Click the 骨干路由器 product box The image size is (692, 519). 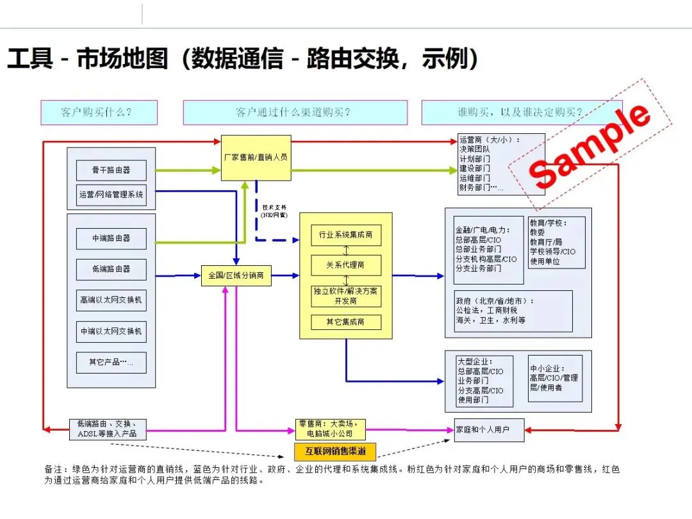(x=111, y=170)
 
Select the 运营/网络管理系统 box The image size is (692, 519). (x=111, y=194)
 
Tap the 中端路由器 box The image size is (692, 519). (x=111, y=238)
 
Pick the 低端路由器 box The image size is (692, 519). (x=111, y=269)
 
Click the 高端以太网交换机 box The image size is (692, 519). (x=111, y=300)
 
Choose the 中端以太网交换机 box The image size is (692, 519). (x=111, y=331)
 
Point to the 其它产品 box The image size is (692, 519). (x=111, y=362)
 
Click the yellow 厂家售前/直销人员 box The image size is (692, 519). (x=256, y=158)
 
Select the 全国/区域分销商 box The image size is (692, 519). (x=236, y=276)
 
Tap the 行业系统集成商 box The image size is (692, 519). (x=345, y=235)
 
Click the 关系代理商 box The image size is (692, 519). (x=345, y=265)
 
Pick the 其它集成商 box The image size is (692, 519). (x=345, y=322)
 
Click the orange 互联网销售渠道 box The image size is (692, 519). (x=335, y=452)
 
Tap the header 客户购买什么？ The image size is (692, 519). (x=99, y=112)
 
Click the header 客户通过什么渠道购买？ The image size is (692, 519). (x=295, y=112)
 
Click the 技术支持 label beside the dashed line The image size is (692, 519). (x=274, y=211)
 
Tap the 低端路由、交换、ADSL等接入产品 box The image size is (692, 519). (x=107, y=429)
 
